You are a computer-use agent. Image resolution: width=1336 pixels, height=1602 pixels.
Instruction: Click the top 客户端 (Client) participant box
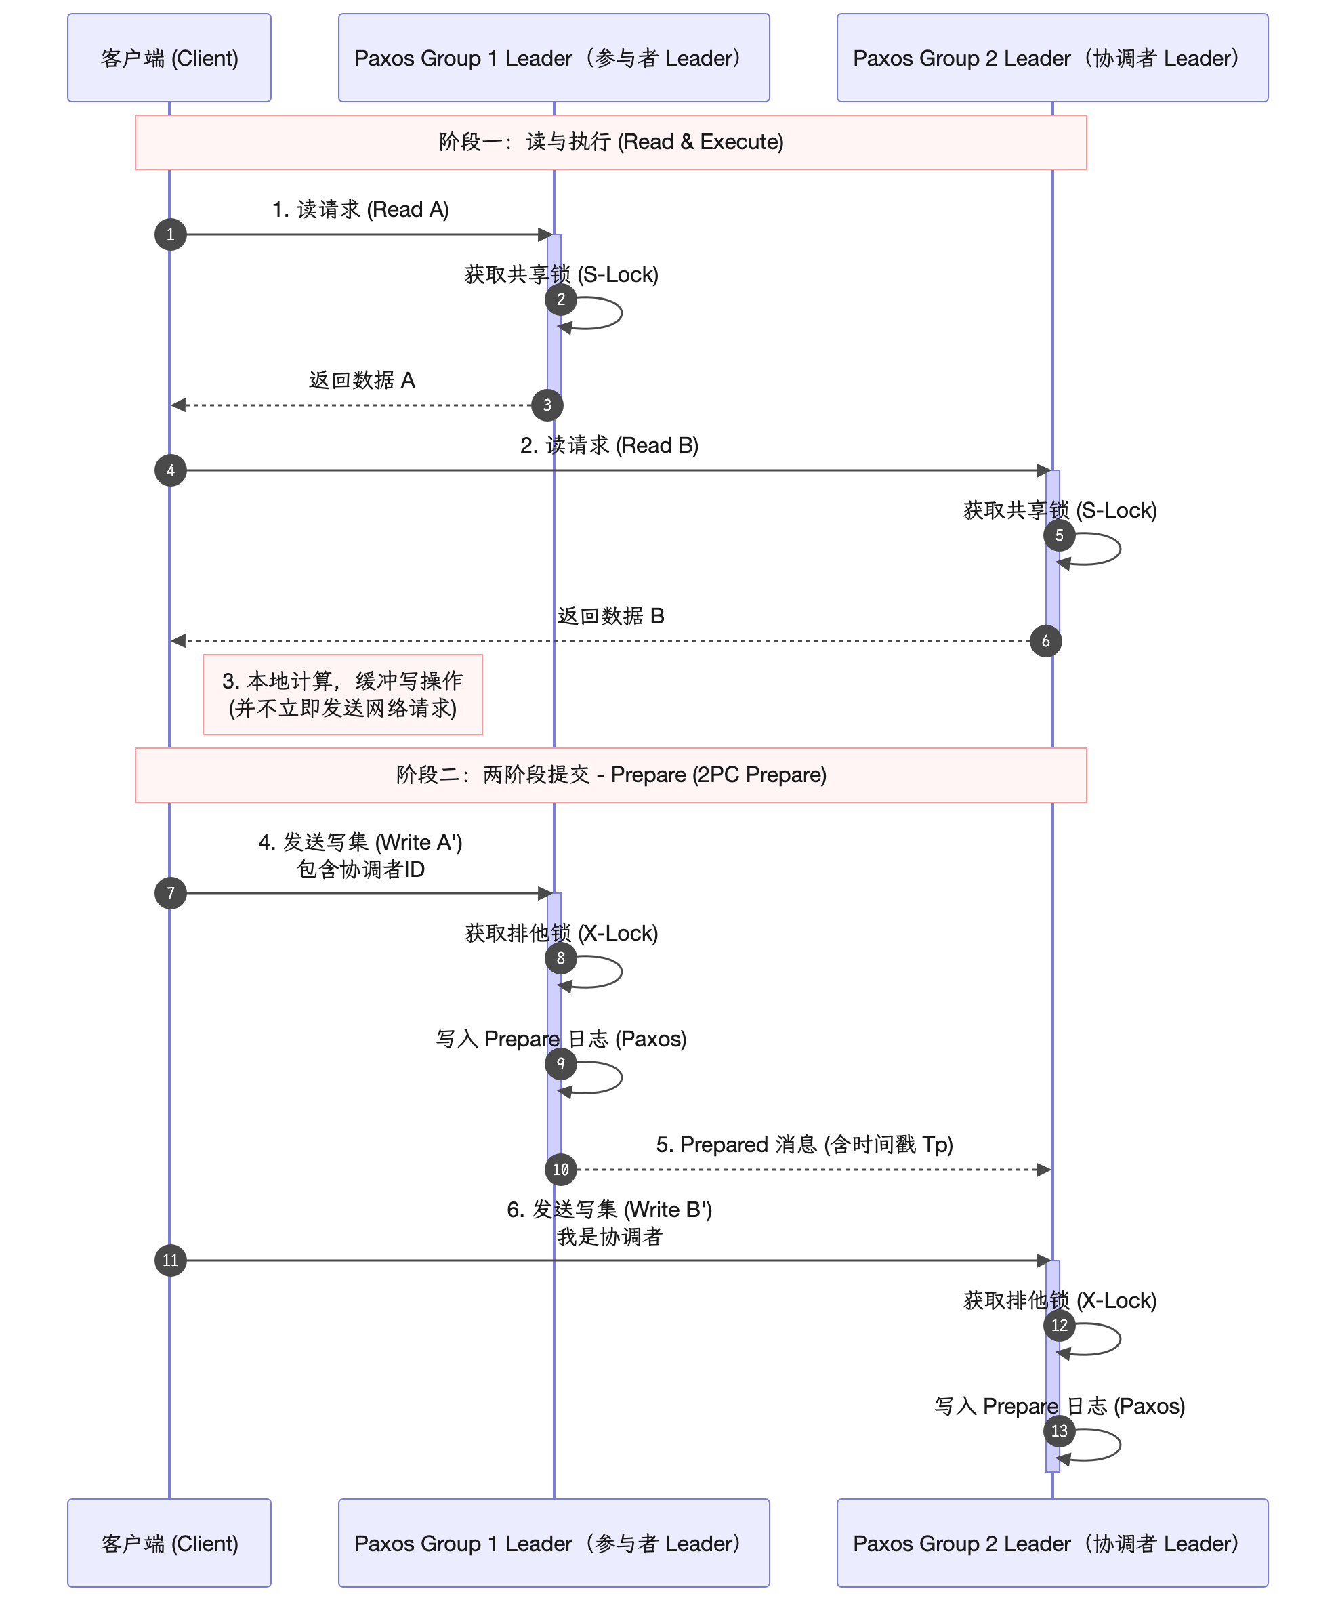click(169, 58)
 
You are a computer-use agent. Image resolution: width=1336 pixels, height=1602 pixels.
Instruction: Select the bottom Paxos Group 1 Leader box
click(554, 1542)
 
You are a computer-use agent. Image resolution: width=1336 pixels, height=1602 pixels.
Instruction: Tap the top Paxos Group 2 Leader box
click(1051, 58)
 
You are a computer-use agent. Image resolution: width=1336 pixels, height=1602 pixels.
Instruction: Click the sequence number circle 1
click(170, 234)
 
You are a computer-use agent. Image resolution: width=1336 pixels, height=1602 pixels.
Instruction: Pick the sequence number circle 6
click(1045, 641)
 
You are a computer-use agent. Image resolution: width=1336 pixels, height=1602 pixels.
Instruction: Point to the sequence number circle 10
click(560, 1170)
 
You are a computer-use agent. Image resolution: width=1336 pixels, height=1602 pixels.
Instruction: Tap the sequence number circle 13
click(1059, 1431)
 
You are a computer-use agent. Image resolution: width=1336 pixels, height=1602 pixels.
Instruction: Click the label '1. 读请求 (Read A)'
click(360, 209)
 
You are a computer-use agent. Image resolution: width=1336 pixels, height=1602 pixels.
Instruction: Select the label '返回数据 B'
click(611, 615)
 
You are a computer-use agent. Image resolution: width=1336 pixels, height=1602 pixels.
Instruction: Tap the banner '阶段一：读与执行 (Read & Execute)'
click(611, 142)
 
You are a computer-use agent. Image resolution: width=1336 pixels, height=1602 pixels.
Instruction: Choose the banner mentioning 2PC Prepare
click(611, 775)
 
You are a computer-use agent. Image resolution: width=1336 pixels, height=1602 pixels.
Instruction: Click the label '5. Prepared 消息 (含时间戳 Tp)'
click(804, 1145)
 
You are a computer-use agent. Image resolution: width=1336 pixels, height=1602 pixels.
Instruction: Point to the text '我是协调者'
click(609, 1237)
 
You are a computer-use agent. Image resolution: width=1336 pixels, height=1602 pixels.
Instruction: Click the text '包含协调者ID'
click(360, 869)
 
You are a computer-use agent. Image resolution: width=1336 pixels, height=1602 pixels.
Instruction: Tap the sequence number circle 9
click(560, 1063)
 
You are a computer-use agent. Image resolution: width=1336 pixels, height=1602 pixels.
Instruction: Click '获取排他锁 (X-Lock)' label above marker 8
click(561, 933)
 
